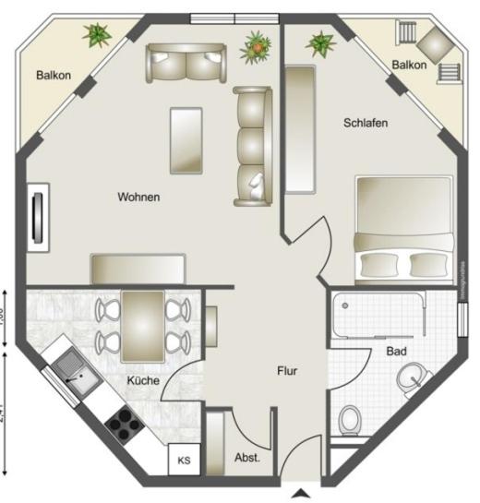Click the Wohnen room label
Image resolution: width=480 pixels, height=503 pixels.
tap(138, 197)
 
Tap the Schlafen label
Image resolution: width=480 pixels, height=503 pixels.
tap(365, 123)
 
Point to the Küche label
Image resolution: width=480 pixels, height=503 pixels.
tap(142, 380)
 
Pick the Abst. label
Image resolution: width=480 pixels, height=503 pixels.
tap(246, 457)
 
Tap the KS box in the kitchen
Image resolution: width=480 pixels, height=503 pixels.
tap(183, 460)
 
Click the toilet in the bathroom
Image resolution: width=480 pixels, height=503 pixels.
tap(351, 420)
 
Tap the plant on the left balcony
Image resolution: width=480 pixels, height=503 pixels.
tap(95, 36)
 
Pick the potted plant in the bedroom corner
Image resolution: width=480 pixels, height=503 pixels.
tap(319, 42)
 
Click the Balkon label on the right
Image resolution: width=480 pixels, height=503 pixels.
tap(409, 65)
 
